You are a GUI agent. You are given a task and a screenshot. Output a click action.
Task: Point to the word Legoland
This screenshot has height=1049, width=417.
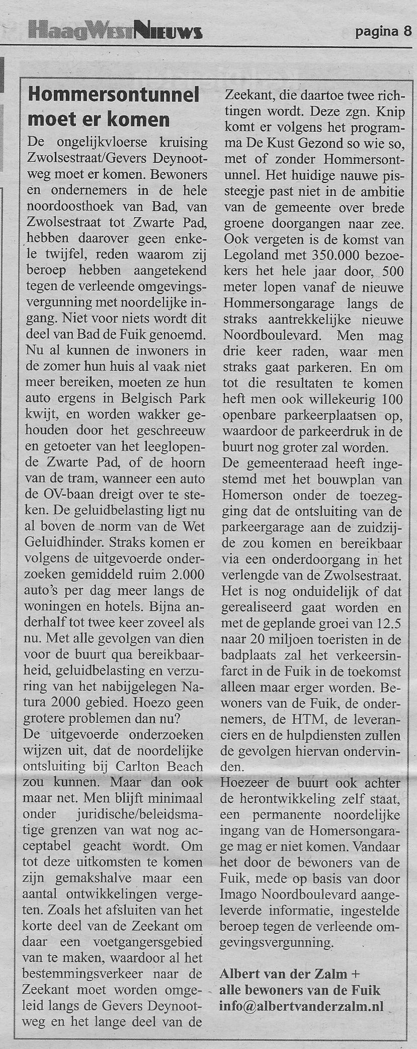tap(251, 255)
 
